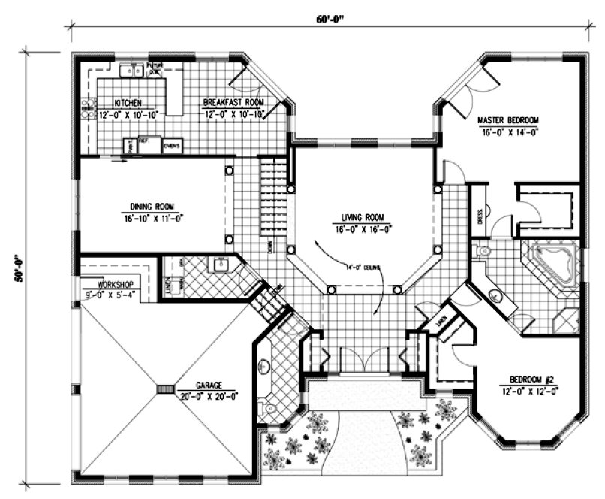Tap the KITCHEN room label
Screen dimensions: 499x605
click(x=128, y=102)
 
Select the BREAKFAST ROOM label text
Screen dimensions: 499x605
click(x=233, y=102)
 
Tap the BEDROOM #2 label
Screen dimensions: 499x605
click(x=528, y=381)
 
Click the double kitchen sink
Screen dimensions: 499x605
click(x=132, y=71)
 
